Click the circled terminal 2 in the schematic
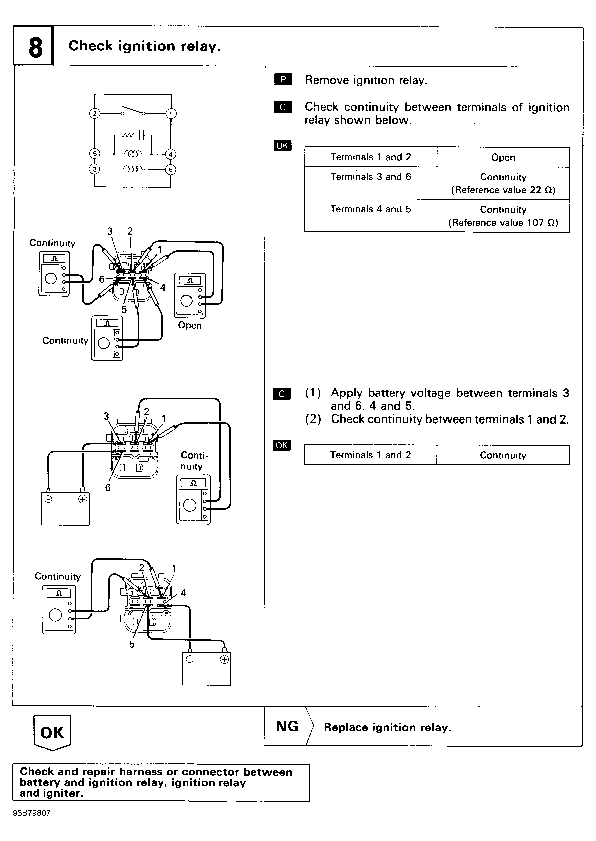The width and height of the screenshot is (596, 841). (95, 113)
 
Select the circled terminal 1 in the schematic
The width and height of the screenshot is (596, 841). (170, 114)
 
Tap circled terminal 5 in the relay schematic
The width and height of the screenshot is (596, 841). (95, 154)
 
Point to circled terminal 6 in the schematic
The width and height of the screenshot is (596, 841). (170, 170)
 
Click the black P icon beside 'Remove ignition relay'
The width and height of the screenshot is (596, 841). (283, 80)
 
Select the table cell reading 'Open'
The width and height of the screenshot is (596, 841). (503, 157)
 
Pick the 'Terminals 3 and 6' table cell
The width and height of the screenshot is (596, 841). (370, 177)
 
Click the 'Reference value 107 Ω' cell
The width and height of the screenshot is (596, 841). (503, 223)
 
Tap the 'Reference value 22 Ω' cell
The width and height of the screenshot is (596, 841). (503, 190)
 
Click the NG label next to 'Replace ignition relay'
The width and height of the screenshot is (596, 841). (287, 726)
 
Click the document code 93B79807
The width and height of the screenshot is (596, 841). (32, 813)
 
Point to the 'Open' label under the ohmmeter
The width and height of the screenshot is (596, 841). (189, 325)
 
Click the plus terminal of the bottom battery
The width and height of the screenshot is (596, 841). (224, 659)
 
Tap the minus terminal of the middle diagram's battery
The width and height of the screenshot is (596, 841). (48, 499)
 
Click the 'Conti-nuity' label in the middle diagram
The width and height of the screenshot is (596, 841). (194, 461)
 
